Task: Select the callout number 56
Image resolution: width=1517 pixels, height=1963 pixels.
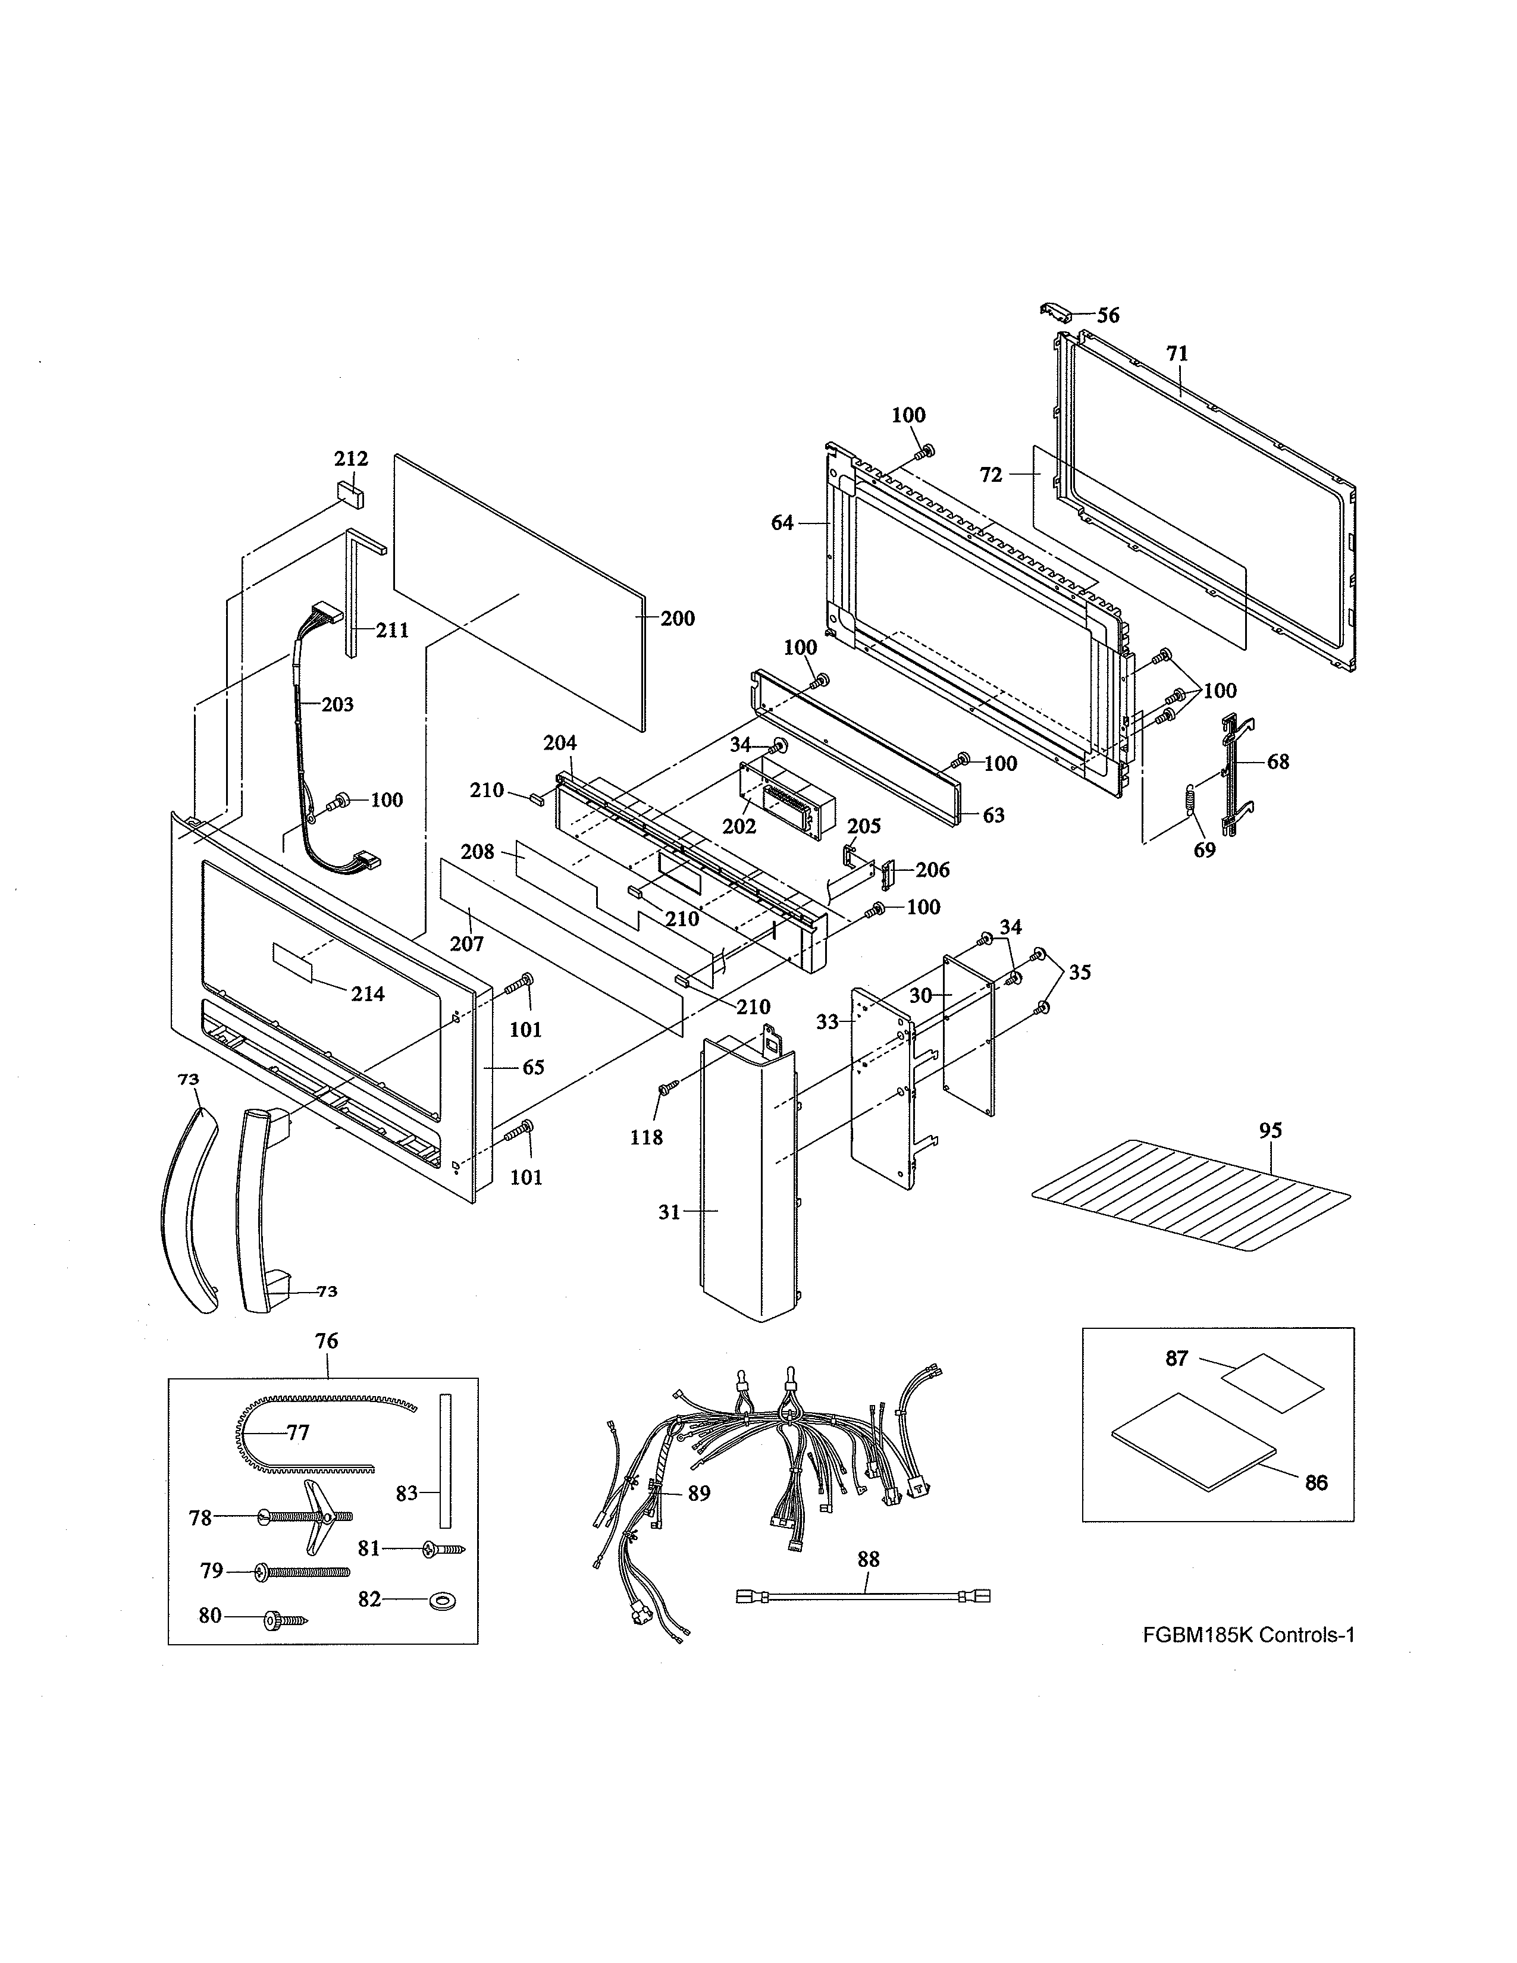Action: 1108,315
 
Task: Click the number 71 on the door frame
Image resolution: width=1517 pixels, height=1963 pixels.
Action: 1177,354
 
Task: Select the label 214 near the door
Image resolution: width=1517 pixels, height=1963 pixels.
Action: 368,993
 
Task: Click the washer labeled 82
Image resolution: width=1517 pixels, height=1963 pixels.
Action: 441,1601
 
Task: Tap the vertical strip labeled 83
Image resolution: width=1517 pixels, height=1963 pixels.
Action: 444,1460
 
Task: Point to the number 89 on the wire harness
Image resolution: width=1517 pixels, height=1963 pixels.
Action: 699,1493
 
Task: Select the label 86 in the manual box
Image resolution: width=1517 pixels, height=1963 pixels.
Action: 1316,1482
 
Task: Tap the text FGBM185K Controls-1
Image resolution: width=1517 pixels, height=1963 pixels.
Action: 1248,1635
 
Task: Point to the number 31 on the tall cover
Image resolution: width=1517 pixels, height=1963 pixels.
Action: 669,1212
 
